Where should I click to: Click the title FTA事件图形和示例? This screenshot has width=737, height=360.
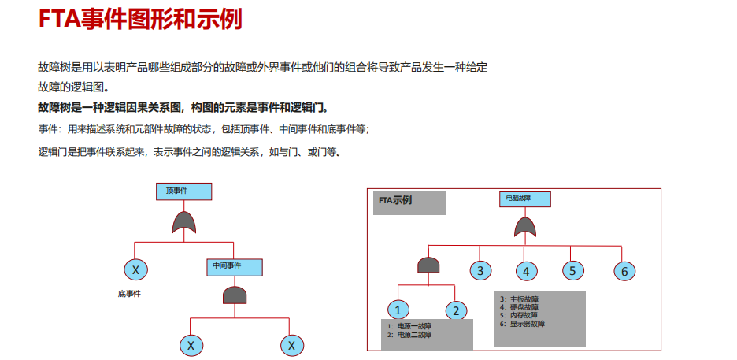coord(139,19)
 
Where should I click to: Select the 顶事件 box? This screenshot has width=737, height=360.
coord(182,191)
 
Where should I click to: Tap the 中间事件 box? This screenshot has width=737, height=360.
coord(234,267)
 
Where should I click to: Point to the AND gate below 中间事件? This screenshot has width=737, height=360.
coord(235,295)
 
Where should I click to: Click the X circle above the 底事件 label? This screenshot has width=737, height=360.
coord(135,270)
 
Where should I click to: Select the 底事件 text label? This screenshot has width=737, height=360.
coord(129,293)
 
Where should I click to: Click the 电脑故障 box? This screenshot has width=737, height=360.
coord(524,199)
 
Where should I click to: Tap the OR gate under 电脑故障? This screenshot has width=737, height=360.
coord(525,228)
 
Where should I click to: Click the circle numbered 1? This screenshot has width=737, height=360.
coord(398,310)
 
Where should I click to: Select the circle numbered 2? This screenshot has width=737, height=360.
coord(456,310)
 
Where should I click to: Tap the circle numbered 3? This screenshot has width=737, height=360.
coord(480,271)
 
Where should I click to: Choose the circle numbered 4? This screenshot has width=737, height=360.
coord(526,272)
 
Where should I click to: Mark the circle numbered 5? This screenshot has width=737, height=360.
coord(572,271)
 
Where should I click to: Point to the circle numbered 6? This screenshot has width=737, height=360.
coord(624,272)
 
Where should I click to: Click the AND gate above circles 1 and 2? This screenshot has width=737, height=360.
coord(428,265)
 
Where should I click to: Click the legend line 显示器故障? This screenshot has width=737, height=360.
coord(524,324)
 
